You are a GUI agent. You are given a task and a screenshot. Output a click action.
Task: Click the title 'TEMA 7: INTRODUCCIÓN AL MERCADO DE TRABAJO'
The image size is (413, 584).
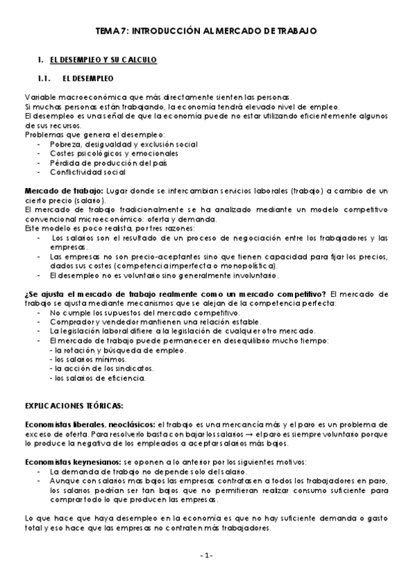point(206,31)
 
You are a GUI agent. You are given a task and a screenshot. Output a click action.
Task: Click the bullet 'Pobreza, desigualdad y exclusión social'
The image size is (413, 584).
point(123,144)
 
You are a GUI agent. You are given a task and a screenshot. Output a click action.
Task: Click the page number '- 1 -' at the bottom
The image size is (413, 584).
point(207,555)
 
